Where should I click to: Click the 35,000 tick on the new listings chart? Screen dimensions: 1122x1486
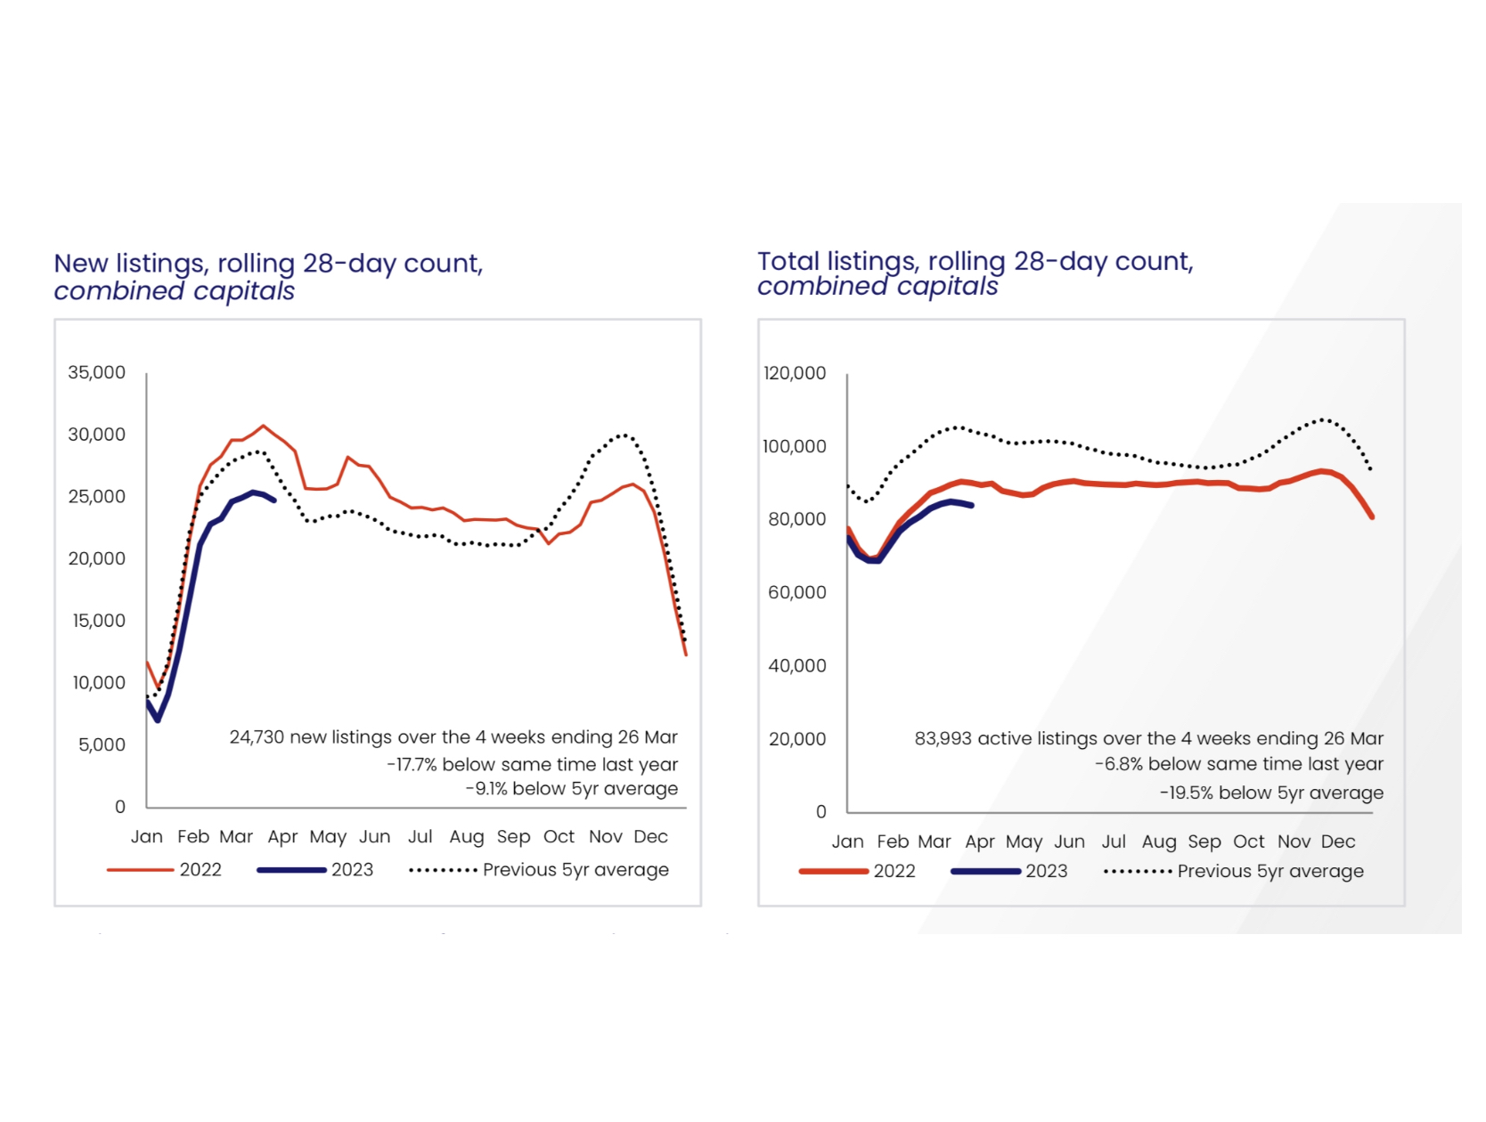click(96, 372)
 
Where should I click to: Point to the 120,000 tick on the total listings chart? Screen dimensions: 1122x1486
click(795, 373)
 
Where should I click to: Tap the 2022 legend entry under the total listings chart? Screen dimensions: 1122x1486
click(894, 871)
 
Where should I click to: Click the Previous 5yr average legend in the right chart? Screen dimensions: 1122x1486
click(1270, 871)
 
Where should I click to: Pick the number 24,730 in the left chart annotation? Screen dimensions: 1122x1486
click(257, 737)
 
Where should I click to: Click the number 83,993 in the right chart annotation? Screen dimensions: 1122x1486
click(943, 738)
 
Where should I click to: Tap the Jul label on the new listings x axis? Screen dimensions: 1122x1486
click(420, 837)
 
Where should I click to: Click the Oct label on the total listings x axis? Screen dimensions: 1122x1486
click(1248, 841)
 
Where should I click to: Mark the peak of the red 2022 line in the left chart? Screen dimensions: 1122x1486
click(263, 426)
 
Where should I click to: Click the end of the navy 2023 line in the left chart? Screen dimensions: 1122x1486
click(274, 500)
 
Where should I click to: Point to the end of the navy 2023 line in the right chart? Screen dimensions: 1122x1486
click(971, 506)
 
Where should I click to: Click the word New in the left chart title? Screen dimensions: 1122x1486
click(80, 264)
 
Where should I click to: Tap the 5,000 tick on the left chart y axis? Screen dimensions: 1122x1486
click(102, 744)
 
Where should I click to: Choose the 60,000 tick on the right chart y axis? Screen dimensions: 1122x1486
click(796, 592)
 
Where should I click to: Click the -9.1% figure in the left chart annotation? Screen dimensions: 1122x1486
click(486, 789)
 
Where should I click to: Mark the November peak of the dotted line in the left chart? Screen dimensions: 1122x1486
click(625, 435)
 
